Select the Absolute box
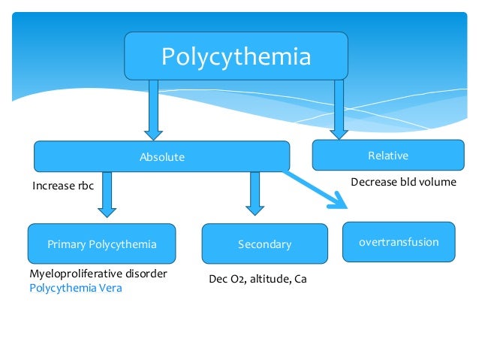point(161,157)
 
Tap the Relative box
point(387,156)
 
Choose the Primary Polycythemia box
point(101,244)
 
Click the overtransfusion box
point(398,242)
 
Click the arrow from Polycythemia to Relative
point(339,109)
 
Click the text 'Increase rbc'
point(63,186)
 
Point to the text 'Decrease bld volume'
point(403,182)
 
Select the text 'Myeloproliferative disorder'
point(98,274)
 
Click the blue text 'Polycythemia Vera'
point(75,287)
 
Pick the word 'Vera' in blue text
point(110,287)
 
